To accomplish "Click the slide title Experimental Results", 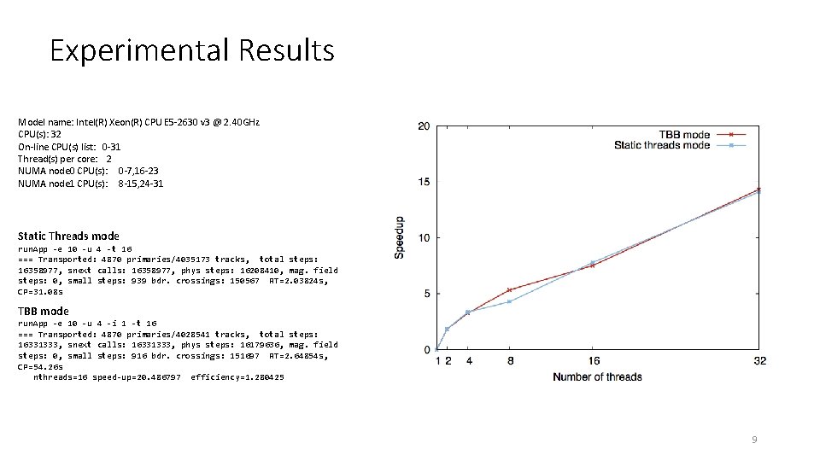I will (192, 50).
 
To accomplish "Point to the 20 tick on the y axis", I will (424, 126).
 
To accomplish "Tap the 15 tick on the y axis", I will (424, 183).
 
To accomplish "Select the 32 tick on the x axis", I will (759, 361).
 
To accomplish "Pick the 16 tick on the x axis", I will (592, 361).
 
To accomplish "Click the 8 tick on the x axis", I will (509, 361).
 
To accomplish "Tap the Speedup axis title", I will (399, 237).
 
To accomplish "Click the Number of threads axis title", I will (597, 376).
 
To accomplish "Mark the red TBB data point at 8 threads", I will (509, 290).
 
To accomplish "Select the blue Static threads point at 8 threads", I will (509, 301).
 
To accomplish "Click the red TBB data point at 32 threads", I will (758, 190).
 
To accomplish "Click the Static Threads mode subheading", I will (68, 236).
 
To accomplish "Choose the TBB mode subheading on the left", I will (43, 311).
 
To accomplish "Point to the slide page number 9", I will (753, 440).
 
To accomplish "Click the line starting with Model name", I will (138, 122).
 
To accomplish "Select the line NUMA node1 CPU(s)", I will (91, 184).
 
